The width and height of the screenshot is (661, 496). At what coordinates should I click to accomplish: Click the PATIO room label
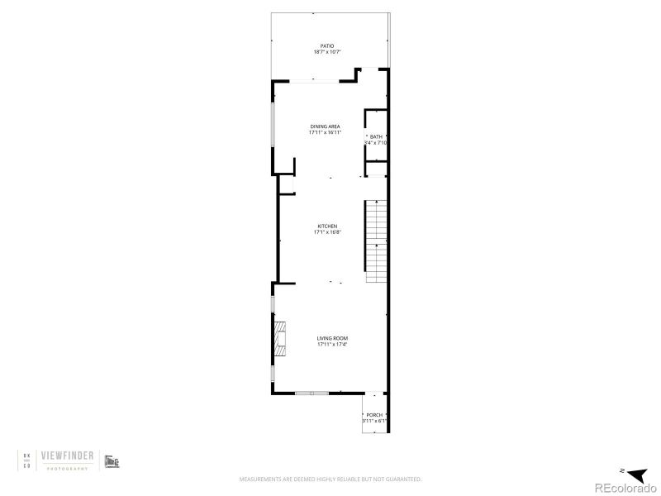tap(327, 45)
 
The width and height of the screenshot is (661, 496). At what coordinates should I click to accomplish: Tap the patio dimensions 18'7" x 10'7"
tap(327, 52)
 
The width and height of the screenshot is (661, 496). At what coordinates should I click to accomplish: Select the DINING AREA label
tap(325, 126)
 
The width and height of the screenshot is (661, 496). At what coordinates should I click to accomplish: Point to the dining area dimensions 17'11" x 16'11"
tap(325, 132)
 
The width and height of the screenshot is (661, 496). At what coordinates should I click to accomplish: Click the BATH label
tap(376, 136)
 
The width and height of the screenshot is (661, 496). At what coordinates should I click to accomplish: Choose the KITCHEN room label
tap(327, 227)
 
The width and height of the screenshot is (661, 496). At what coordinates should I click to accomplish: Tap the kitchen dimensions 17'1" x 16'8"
tap(327, 232)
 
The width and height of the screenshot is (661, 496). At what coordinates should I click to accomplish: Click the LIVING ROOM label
tap(333, 338)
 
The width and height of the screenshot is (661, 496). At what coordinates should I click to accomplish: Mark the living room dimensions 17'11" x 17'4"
tap(333, 344)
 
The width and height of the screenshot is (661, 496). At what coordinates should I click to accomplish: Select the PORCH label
tap(374, 415)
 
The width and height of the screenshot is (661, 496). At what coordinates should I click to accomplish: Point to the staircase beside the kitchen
tap(377, 241)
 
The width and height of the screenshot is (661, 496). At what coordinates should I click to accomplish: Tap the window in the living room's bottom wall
tap(311, 393)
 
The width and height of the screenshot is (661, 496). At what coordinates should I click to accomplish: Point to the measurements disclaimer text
tap(330, 479)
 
